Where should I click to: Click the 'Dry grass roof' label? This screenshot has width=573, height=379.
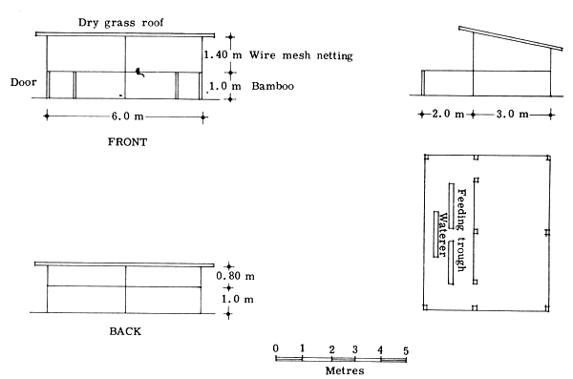tap(118, 22)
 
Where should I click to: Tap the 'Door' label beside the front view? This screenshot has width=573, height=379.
tap(22, 82)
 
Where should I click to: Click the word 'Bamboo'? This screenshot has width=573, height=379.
tap(273, 86)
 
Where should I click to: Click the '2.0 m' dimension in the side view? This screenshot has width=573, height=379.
tap(448, 116)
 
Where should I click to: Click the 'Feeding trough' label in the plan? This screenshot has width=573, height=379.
tap(460, 230)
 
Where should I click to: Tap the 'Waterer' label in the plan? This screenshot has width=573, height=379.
tap(442, 231)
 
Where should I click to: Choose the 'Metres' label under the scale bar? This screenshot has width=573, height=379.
tap(343, 369)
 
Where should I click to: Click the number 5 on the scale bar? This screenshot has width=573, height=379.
tap(407, 349)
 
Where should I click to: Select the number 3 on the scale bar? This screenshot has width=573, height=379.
tap(355, 349)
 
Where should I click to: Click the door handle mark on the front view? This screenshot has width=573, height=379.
tap(139, 72)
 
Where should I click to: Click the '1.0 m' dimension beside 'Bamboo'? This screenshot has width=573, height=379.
tap(227, 86)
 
